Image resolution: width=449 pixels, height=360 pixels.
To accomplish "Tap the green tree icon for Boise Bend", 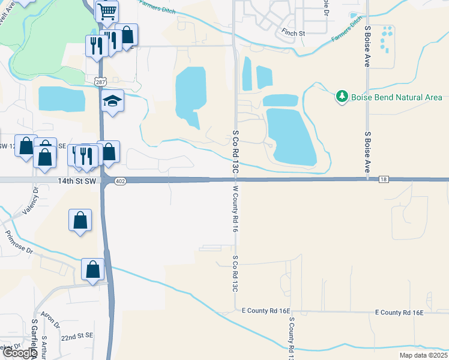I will tap(342, 97).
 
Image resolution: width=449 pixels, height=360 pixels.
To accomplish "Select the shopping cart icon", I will tap(107, 10).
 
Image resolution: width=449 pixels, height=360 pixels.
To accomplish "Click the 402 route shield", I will tap(120, 181).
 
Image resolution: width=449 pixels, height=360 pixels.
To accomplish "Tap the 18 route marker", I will tap(384, 179).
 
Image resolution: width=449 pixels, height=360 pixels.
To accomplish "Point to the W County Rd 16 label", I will tap(236, 209).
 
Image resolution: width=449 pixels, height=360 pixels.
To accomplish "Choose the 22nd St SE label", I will tap(77, 336).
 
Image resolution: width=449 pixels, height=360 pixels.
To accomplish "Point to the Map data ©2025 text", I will tap(423, 355).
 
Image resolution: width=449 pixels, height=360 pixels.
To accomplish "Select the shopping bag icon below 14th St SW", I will tap(80, 220).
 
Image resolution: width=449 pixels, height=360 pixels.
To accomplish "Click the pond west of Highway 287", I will tap(62, 98).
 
